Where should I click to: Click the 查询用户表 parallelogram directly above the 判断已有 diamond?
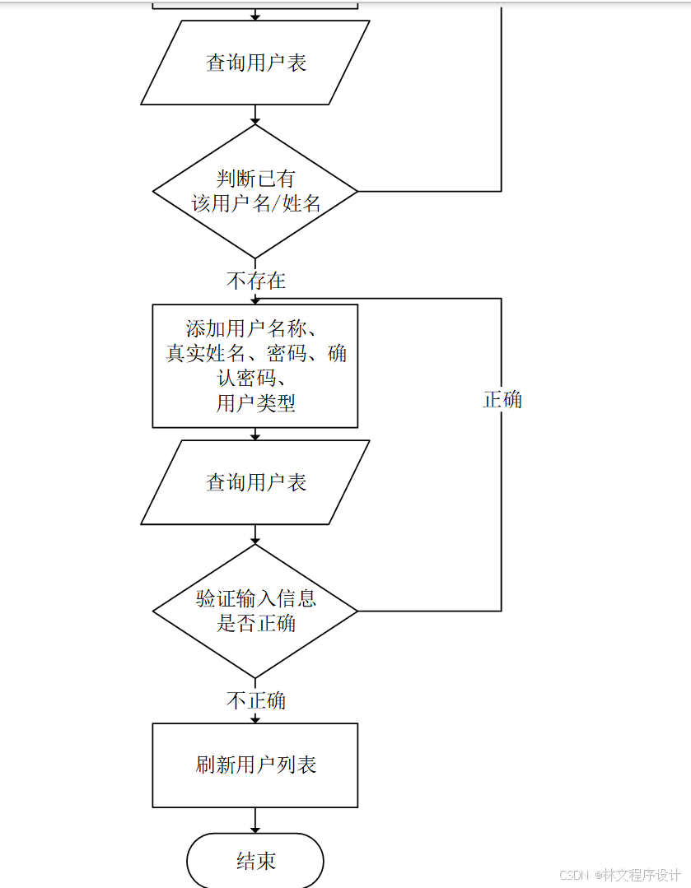(255, 63)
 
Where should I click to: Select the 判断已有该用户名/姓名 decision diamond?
(255, 191)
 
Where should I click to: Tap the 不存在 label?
(256, 281)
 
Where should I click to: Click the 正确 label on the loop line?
(502, 400)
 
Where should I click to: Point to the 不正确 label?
(256, 700)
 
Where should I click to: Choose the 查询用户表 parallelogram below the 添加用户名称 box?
(255, 483)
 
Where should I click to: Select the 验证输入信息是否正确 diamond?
(255, 611)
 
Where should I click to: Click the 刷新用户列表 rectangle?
(255, 765)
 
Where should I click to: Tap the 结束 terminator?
(255, 861)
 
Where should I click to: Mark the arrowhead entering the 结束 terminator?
(255, 829)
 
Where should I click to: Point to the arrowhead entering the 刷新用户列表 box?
(255, 719)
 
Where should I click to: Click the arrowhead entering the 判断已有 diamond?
(255, 121)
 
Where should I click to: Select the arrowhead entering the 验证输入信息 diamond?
(255, 541)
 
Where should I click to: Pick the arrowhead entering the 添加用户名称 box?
(255, 300)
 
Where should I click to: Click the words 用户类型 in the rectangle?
(256, 403)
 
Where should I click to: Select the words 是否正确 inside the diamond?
(256, 623)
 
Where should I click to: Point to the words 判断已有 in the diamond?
(256, 179)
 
